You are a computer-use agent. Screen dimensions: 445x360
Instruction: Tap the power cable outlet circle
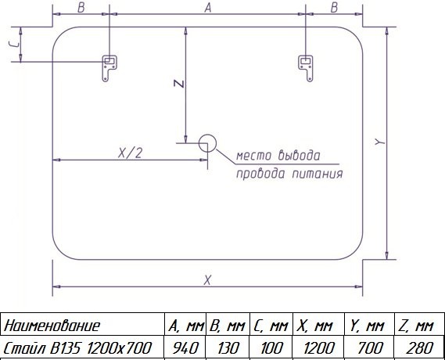click(207, 143)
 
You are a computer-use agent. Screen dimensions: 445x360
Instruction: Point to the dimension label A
click(208, 8)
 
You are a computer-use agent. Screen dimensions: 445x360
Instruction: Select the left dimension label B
click(81, 8)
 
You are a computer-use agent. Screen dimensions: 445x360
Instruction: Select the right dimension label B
click(334, 8)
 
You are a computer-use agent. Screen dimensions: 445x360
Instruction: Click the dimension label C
click(14, 44)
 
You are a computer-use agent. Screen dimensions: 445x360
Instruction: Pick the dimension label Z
click(179, 84)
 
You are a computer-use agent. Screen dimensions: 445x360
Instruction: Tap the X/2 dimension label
click(130, 153)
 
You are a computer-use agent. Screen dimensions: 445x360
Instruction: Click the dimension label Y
click(379, 142)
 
